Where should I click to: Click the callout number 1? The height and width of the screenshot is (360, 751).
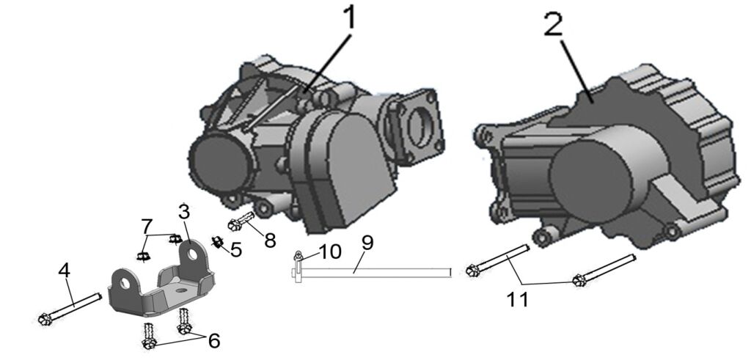pyautogui.click(x=351, y=18)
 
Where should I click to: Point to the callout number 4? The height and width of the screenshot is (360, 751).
pyautogui.click(x=64, y=271)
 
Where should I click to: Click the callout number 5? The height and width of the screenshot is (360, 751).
pyautogui.click(x=236, y=250)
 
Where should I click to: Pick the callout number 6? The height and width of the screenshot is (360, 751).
pyautogui.click(x=213, y=341)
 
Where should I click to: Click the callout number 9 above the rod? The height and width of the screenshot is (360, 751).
pyautogui.click(x=367, y=243)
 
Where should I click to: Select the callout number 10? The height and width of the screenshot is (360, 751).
pyautogui.click(x=329, y=251)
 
